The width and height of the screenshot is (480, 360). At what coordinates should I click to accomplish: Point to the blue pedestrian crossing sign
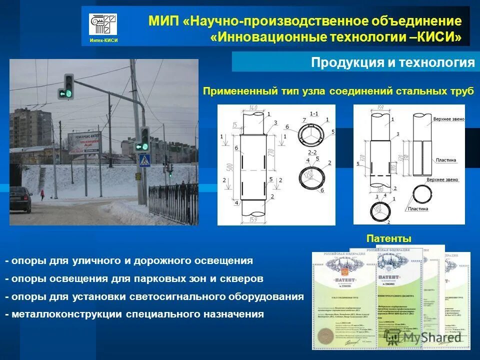[144, 160]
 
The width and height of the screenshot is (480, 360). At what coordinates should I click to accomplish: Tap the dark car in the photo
[20, 200]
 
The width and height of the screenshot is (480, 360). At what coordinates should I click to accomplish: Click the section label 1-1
[314, 114]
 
